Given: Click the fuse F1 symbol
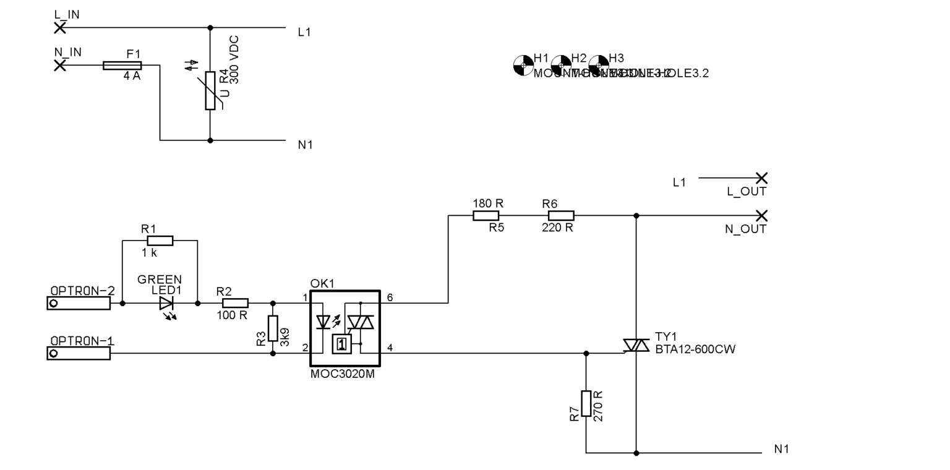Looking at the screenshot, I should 122,65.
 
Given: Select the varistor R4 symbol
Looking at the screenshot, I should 210,90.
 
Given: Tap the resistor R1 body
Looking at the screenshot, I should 160,241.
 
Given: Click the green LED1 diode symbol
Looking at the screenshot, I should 166,303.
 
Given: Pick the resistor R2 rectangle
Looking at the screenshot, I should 235,303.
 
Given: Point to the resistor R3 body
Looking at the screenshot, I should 273,328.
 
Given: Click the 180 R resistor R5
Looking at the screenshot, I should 486,215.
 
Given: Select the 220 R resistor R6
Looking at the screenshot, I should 560,215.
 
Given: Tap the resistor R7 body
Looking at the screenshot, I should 586,403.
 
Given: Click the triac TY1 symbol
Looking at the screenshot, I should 636,346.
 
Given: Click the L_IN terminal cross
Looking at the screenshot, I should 60,27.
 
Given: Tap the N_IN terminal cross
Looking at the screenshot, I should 60,65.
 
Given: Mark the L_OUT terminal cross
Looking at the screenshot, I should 761,178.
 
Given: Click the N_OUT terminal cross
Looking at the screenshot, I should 761,215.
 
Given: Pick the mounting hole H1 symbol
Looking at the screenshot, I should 523,64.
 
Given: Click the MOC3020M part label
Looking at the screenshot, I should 342,374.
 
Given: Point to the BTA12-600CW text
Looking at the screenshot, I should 695,349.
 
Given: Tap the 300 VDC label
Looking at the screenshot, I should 234,60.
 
